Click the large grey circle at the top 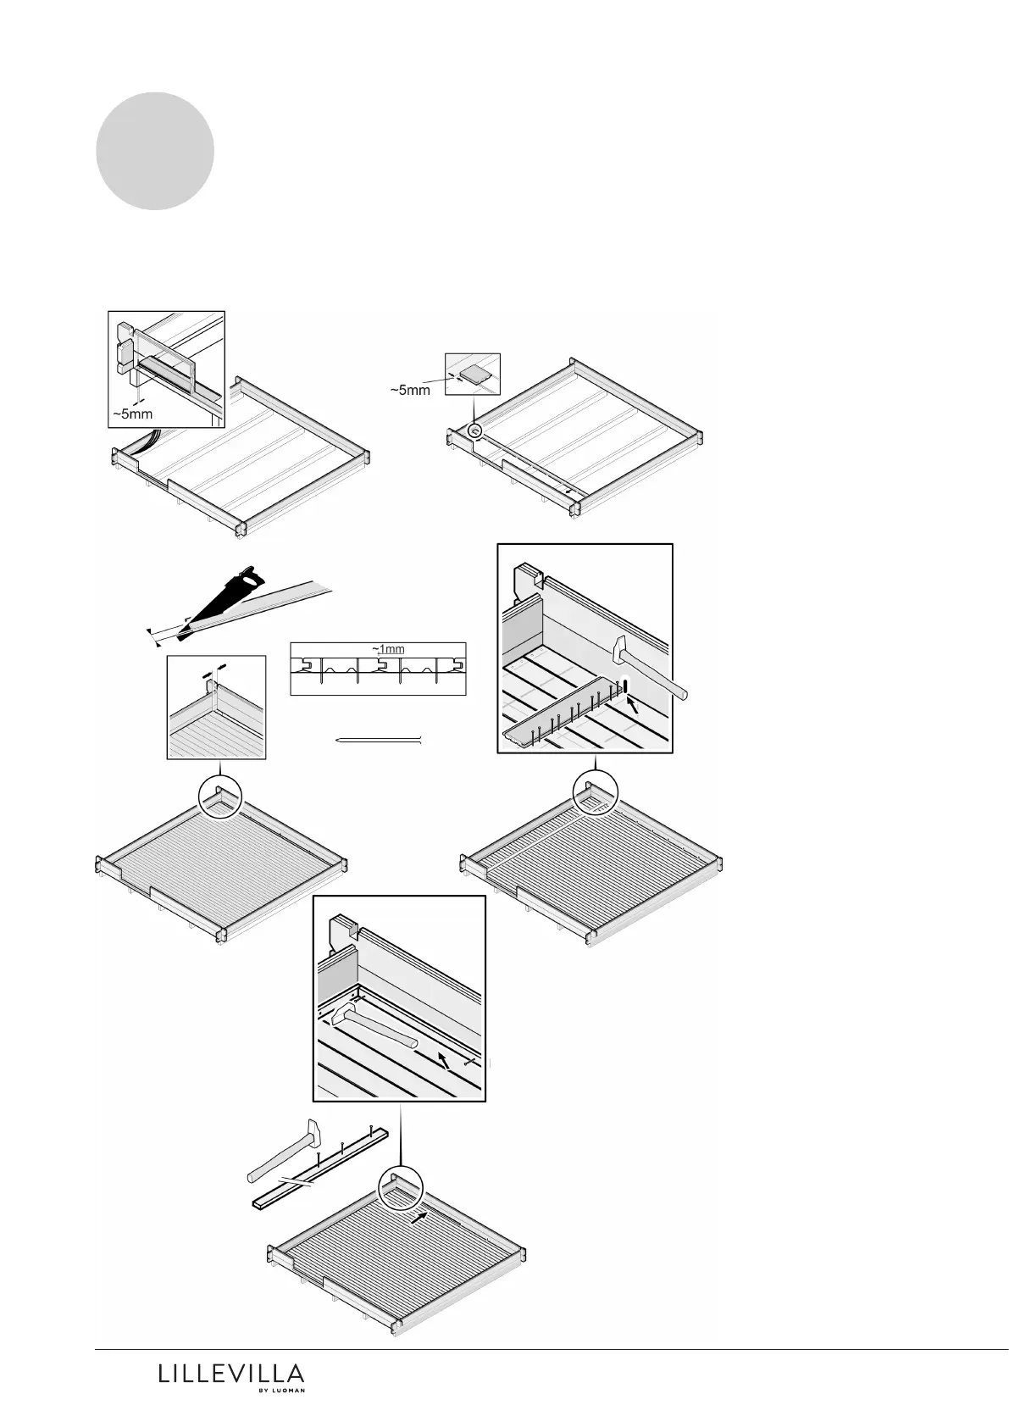pos(154,151)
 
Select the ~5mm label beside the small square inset pos(410,391)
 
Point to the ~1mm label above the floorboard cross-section pos(389,649)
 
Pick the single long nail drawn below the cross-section pos(379,741)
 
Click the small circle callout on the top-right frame pos(475,432)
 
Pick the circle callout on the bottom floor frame pos(401,1186)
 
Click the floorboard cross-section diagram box pos(378,669)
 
